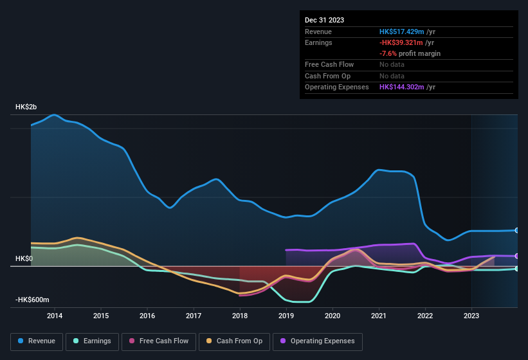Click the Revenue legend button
(37, 341)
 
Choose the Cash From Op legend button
(235, 341)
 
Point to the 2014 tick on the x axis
(55, 316)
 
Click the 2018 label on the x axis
(240, 316)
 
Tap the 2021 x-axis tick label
(379, 316)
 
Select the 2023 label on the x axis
(471, 316)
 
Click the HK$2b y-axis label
(27, 107)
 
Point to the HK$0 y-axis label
(24, 258)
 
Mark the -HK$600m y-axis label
(32, 300)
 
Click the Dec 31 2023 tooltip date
(324, 20)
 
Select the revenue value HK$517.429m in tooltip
(401, 32)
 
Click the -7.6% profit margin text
(410, 53)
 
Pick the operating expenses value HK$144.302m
(401, 87)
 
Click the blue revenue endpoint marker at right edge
(517, 230)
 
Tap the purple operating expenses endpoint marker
(517, 256)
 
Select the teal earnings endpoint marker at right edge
(517, 269)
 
